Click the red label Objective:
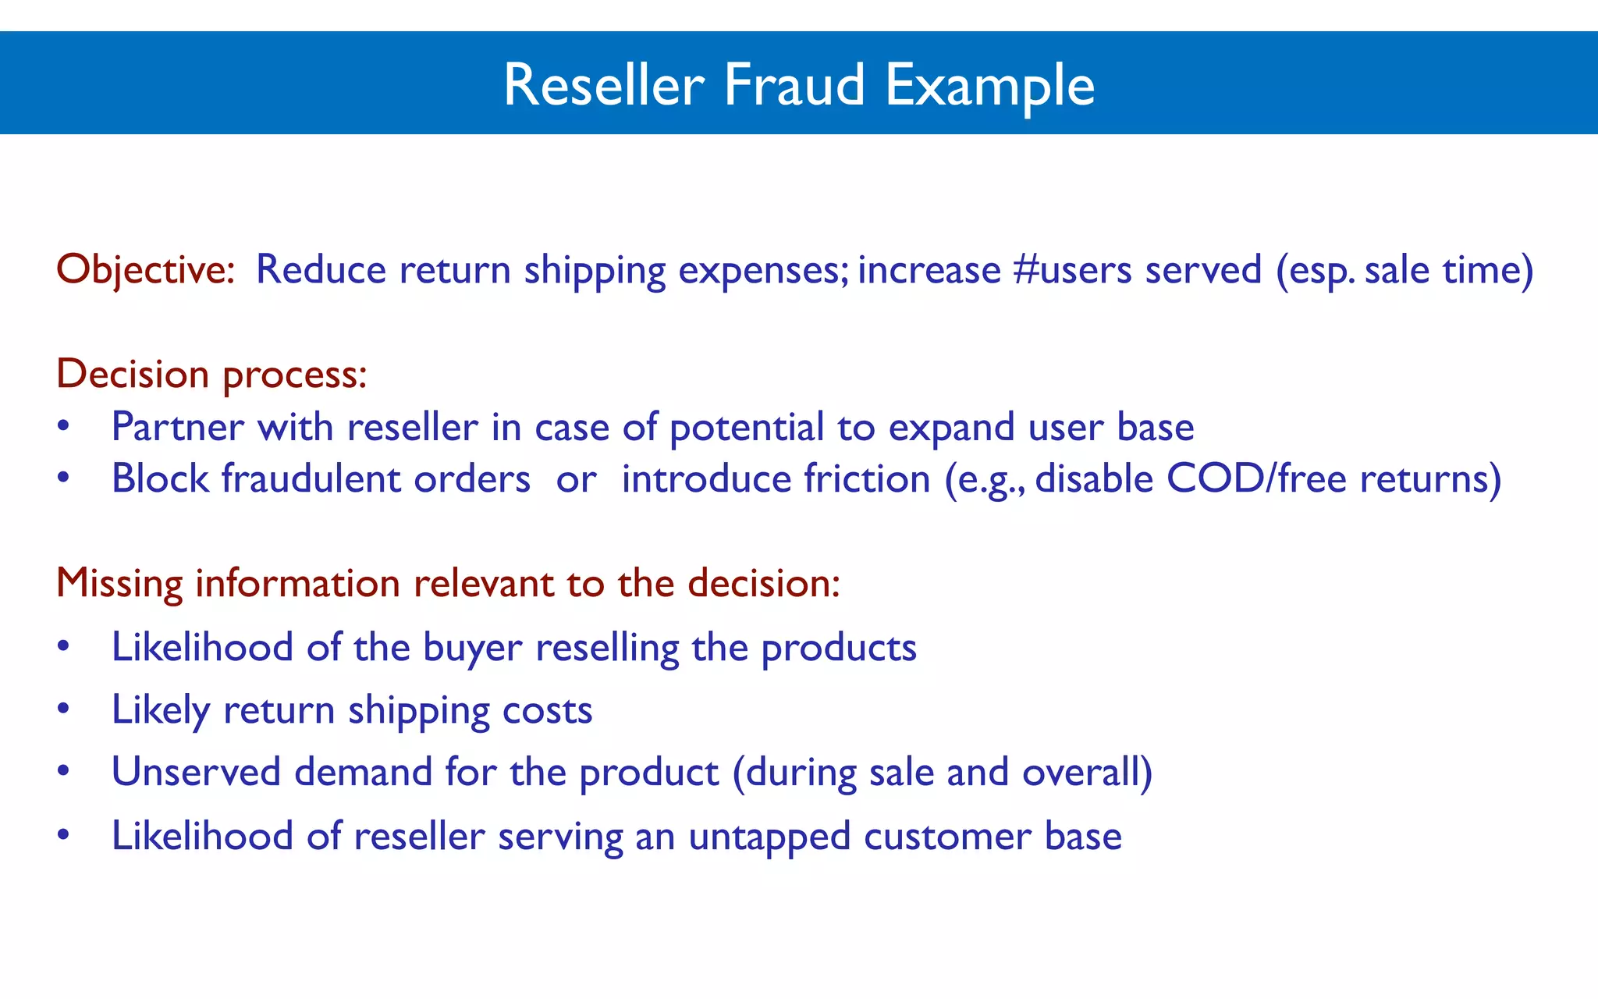coord(146,270)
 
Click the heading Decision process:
coord(211,375)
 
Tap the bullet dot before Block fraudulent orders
coord(64,478)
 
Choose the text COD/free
coord(1256,478)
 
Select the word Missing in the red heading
coord(119,584)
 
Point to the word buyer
coord(472,648)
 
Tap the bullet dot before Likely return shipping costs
coord(64,709)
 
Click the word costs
coord(547,710)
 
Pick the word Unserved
coord(196,772)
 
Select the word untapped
coord(769,837)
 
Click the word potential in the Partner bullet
coord(747,428)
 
